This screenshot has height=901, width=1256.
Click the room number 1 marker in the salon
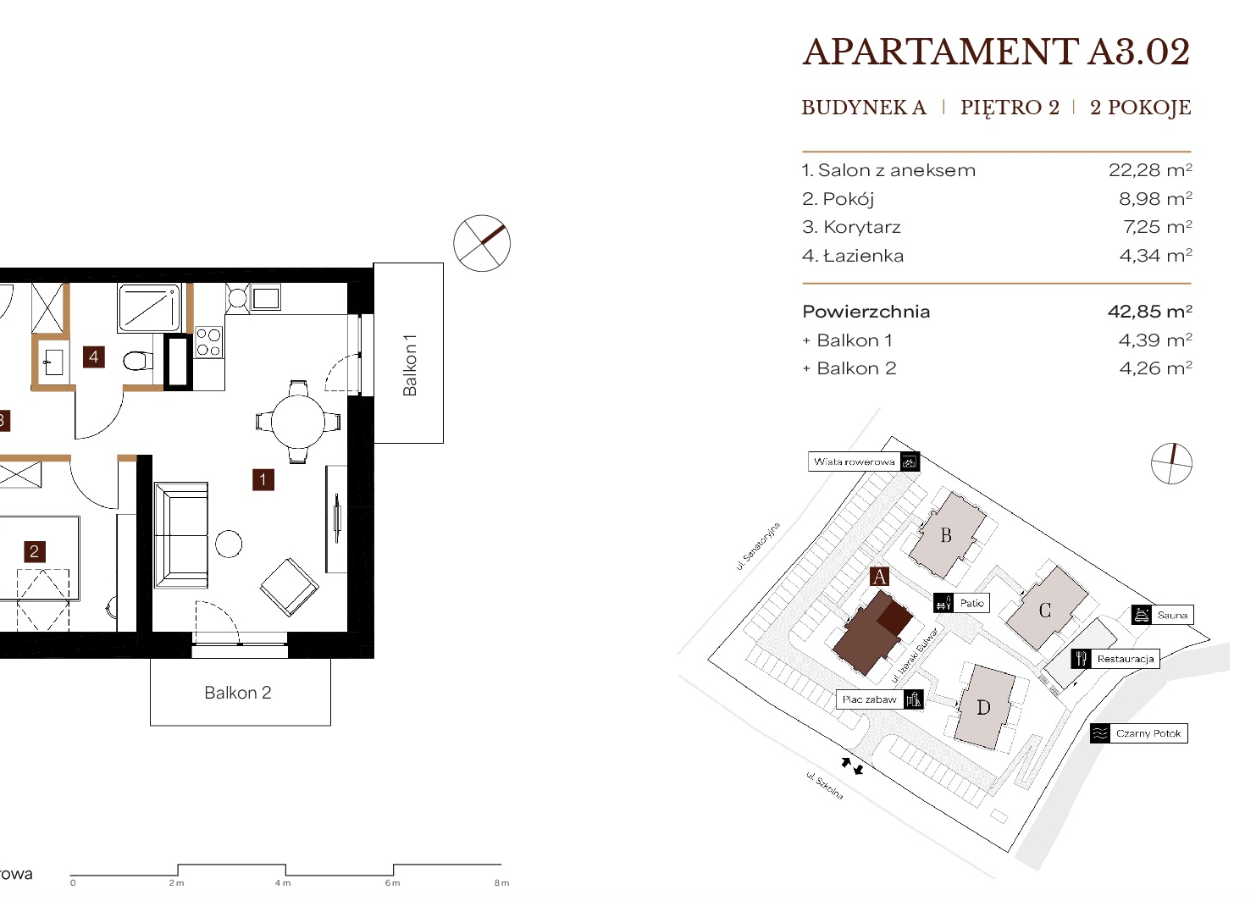coord(263,480)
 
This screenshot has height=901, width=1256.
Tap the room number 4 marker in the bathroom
coord(94,357)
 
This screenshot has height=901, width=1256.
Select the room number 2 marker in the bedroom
coord(34,552)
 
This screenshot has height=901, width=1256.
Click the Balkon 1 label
coord(410,365)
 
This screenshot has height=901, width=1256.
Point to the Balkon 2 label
coord(238,693)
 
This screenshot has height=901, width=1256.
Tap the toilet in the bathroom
coord(137,361)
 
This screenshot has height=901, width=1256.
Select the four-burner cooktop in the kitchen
coord(208,343)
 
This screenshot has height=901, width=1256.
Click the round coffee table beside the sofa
coord(229,544)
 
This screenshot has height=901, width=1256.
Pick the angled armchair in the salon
coord(290,587)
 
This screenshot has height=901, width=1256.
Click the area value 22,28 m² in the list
coord(1150,170)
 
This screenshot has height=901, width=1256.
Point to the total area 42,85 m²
coord(1150,311)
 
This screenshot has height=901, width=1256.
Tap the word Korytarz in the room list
coord(862,227)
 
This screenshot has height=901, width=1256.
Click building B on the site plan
coord(947,535)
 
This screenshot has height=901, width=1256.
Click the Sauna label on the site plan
coord(1172,615)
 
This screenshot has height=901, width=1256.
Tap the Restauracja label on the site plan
coord(1125,659)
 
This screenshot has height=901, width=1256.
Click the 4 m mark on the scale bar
coord(283,883)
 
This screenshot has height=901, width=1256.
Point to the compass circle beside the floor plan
coord(482,243)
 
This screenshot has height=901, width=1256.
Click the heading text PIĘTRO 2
coord(1010,108)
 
